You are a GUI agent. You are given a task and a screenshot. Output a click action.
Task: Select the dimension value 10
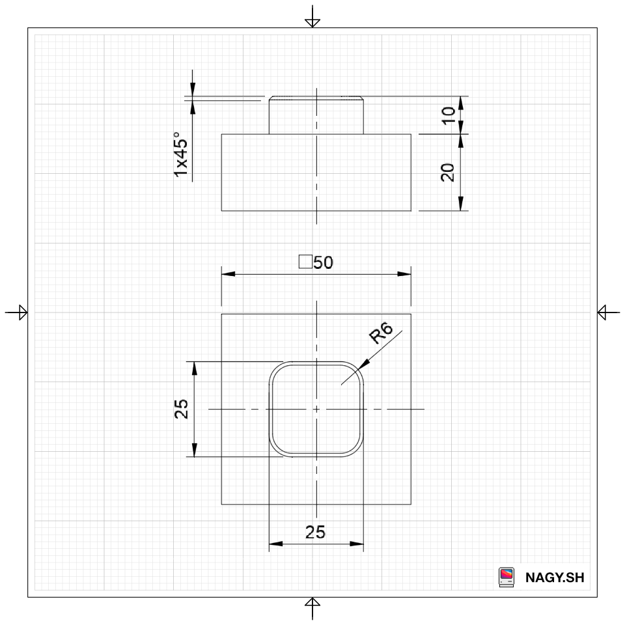click(x=449, y=116)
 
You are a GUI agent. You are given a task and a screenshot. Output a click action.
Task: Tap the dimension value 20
click(x=448, y=172)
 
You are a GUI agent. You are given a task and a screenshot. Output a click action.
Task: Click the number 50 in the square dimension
click(x=324, y=262)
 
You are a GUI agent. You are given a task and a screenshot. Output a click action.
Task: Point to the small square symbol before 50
click(x=305, y=262)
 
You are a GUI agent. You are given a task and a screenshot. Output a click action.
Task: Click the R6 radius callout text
click(x=381, y=333)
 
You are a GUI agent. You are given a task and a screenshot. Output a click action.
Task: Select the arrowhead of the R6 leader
click(x=363, y=365)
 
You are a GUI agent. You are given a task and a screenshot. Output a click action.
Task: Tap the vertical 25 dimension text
click(x=182, y=409)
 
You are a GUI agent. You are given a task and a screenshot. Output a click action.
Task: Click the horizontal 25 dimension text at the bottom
click(x=315, y=532)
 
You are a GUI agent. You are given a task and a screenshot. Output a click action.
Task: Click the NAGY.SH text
click(x=555, y=577)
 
